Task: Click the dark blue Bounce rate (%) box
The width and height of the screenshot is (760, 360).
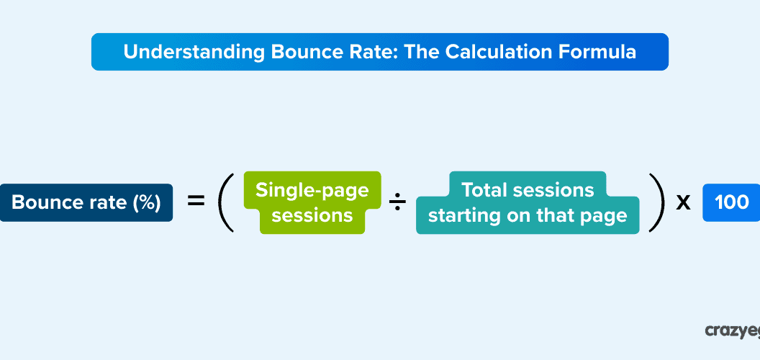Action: pyautogui.click(x=86, y=202)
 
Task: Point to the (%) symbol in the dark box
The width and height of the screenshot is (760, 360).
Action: pyautogui.click(x=146, y=202)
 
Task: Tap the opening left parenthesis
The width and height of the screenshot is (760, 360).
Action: pyautogui.click(x=226, y=202)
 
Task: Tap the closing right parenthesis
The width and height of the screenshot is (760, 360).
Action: pyautogui.click(x=656, y=202)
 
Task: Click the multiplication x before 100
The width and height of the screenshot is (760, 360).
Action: pyautogui.click(x=683, y=202)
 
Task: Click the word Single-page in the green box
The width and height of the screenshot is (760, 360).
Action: pyautogui.click(x=312, y=190)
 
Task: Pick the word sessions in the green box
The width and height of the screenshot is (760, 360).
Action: pyautogui.click(x=312, y=215)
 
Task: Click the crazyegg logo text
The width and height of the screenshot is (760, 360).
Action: pyautogui.click(x=731, y=330)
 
